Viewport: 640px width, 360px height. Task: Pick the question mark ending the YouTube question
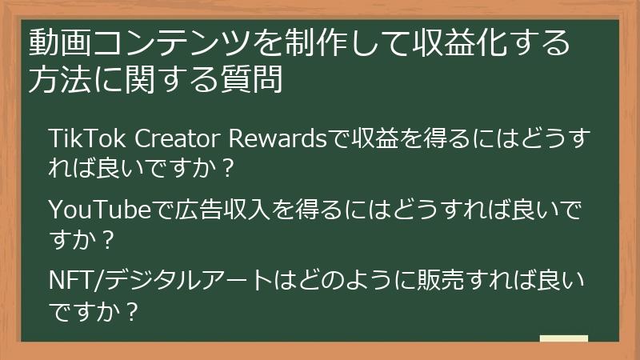109,238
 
